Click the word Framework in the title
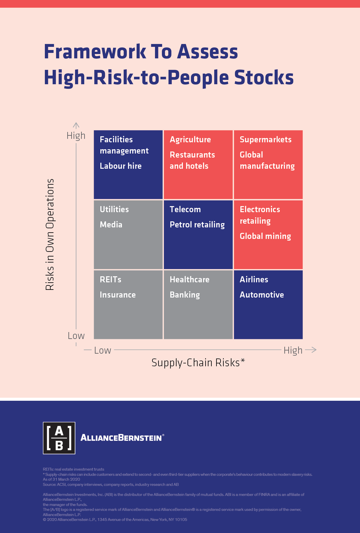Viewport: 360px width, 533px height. pos(95,52)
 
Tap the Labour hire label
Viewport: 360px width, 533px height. pos(120,166)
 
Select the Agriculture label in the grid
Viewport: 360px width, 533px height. pos(190,139)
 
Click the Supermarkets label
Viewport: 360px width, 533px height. pos(265,139)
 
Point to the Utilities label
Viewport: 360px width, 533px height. pos(114,209)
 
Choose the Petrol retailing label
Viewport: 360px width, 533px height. pos(197,225)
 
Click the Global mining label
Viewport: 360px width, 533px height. pos(265,236)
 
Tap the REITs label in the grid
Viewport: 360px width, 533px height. pos(110,279)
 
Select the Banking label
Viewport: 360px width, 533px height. pos(185,295)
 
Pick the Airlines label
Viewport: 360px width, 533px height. pos(254,279)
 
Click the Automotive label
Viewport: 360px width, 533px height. pos(262,295)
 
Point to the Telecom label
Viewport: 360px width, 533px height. pos(185,209)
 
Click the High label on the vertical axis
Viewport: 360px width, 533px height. pos(76,135)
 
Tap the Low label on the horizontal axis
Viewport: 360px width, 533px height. pos(102,350)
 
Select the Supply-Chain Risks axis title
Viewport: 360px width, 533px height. pos(198,363)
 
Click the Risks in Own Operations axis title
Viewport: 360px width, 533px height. pos(50,234)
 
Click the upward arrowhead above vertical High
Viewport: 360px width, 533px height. pos(76,125)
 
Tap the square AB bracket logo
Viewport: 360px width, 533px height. pos(59,438)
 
